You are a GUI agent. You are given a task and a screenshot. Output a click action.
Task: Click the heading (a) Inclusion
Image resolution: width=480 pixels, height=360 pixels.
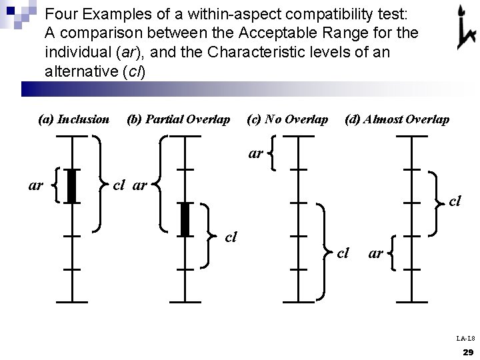click(x=74, y=119)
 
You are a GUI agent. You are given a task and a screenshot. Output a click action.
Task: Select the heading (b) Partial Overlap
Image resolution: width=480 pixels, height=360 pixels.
click(x=178, y=119)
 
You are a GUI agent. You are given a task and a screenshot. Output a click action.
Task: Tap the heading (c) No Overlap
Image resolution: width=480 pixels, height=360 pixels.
click(x=287, y=119)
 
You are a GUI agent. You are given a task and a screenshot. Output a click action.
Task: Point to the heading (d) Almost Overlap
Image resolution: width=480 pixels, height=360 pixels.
click(x=397, y=119)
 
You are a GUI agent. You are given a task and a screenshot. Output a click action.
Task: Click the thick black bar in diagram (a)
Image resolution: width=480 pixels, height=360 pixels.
click(x=72, y=185)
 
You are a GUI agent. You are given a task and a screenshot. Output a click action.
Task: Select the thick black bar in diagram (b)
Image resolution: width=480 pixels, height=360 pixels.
click(x=185, y=219)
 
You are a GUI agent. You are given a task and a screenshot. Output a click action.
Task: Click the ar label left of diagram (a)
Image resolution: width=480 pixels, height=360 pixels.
click(x=36, y=185)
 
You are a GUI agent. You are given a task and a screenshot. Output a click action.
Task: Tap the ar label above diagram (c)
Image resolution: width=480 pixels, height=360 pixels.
click(x=255, y=153)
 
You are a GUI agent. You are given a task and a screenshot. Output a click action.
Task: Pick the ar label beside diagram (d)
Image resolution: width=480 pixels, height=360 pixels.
click(x=375, y=253)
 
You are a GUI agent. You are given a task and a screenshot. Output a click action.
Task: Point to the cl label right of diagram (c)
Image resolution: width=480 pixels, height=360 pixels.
click(x=343, y=252)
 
